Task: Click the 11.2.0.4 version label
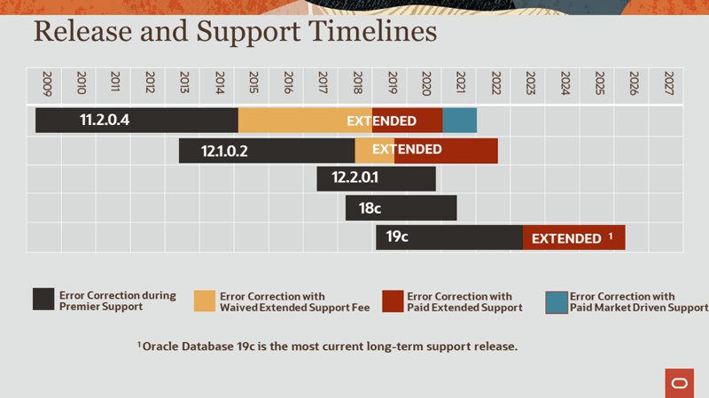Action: point(105,120)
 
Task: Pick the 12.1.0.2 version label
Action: point(224,151)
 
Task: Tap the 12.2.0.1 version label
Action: point(354,178)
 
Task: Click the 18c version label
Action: point(370,208)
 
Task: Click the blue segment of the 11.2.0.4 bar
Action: point(459,121)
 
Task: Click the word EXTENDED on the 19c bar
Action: point(566,238)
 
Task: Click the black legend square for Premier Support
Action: point(43,300)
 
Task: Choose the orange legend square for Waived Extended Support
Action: point(205,301)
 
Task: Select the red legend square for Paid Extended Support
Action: point(393,301)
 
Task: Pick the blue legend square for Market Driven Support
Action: point(556,301)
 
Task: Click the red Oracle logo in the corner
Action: point(680,383)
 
